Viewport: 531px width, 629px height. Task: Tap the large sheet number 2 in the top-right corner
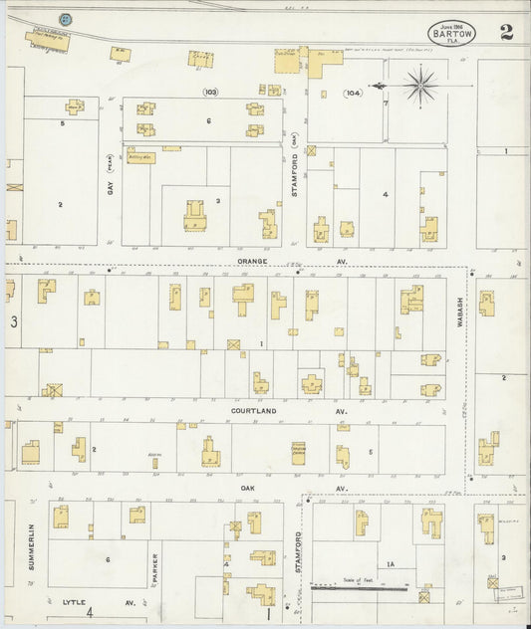tap(507, 31)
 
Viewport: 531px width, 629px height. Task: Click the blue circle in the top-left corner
tap(66, 19)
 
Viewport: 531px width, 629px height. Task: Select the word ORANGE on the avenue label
tap(252, 263)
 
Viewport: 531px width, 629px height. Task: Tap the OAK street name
tap(247, 488)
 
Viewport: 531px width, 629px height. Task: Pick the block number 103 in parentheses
tap(209, 92)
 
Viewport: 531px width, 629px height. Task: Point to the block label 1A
tap(392, 564)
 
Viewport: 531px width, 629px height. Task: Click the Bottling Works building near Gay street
tap(137, 157)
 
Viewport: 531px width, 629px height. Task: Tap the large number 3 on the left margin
tap(14, 321)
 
